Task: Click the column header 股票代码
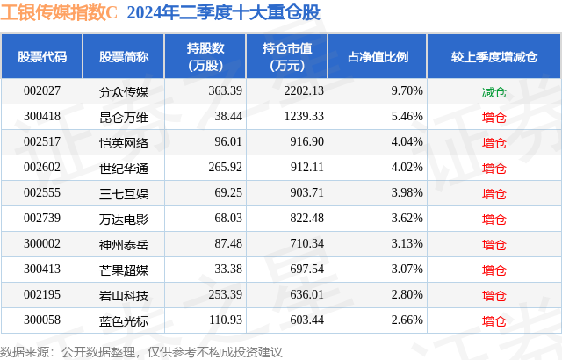tap(42, 57)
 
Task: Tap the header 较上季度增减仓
tap(494, 57)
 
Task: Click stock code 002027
tap(41, 90)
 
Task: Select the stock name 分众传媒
tap(124, 90)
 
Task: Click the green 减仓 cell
tap(494, 90)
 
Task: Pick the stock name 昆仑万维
tap(124, 116)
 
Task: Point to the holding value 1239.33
tap(306, 116)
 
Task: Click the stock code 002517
tap(41, 141)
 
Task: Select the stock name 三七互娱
tap(124, 191)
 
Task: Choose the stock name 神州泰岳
tap(124, 242)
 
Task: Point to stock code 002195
tap(41, 293)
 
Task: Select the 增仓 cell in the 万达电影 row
tap(494, 217)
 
